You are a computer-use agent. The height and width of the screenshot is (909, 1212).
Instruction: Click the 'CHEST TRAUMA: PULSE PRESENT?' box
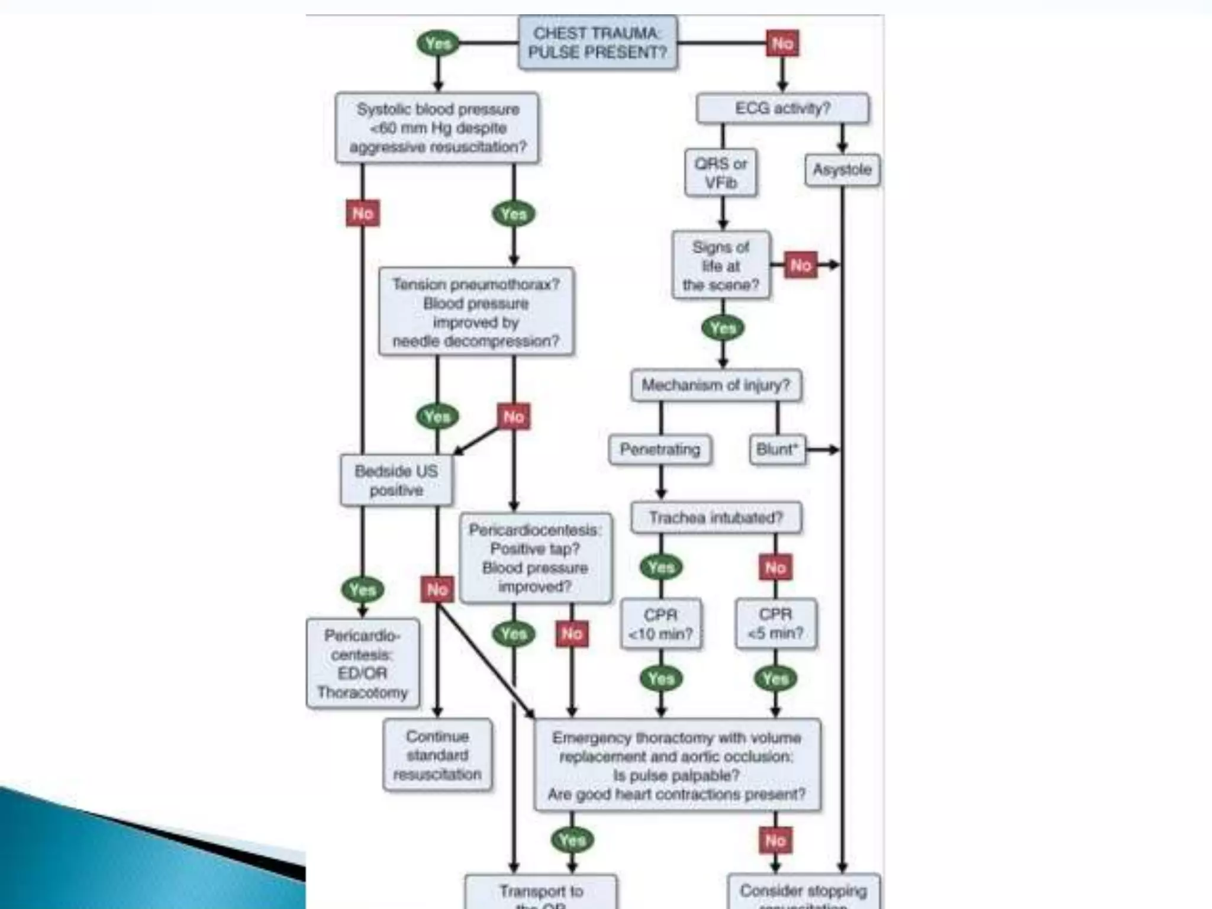597,43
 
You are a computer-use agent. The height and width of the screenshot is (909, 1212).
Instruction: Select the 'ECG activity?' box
782,108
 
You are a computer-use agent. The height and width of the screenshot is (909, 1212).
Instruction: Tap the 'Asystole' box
842,170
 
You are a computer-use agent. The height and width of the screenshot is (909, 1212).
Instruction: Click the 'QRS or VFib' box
720,173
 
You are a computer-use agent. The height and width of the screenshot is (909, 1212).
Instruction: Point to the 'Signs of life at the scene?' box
721,266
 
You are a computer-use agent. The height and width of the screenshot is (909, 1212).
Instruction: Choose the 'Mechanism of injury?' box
716,385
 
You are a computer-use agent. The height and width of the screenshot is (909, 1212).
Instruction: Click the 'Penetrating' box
660,450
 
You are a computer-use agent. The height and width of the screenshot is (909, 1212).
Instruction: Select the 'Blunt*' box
777,450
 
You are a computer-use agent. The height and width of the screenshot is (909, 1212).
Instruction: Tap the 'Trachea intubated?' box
716,518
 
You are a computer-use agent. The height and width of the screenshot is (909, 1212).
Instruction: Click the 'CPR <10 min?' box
660,624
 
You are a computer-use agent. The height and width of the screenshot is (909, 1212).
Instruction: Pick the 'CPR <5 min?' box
775,624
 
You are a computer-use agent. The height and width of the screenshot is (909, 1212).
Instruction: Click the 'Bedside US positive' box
397,481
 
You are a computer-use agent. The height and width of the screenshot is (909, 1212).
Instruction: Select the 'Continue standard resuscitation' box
437,755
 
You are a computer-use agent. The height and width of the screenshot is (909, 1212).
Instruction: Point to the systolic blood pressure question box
437,128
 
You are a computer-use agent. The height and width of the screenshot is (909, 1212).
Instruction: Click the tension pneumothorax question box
476,312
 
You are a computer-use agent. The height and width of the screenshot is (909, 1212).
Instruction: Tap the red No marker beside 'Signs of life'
800,265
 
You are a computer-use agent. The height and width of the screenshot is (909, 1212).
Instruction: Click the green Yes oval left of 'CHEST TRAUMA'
438,43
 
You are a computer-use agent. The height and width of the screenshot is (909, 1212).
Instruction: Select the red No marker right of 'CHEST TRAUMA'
782,43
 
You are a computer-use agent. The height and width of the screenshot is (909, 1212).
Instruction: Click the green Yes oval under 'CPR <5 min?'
775,678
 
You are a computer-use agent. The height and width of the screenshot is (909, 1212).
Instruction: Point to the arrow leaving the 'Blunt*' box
823,450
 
